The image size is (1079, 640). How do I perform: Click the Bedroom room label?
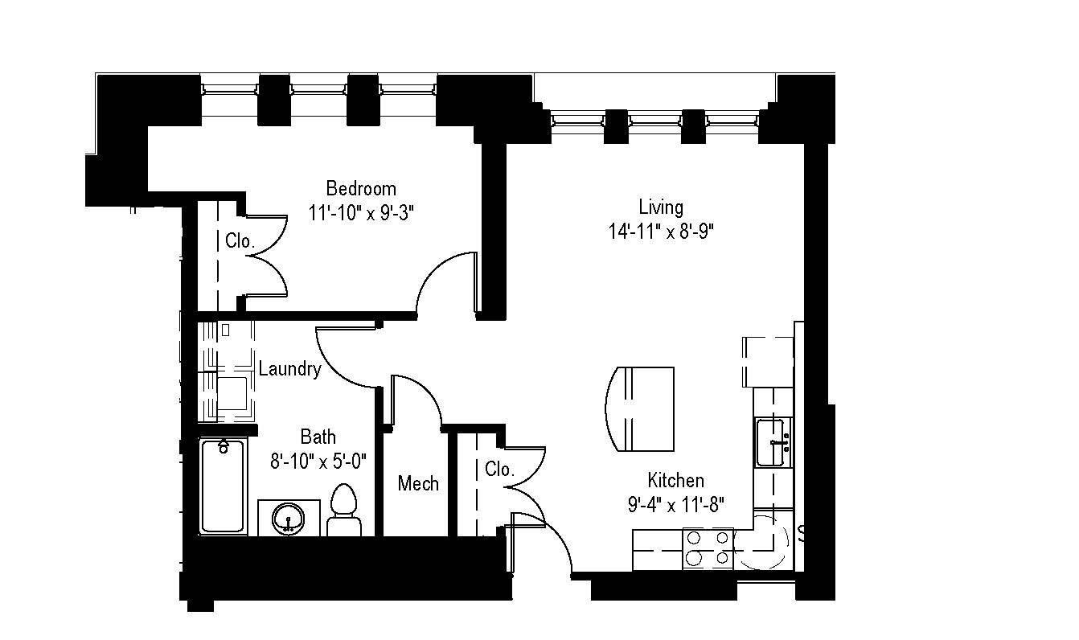tap(361, 188)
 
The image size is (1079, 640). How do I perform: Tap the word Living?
tap(661, 207)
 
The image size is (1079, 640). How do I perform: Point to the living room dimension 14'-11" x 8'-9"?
tap(662, 232)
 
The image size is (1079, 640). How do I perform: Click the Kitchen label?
tap(676, 480)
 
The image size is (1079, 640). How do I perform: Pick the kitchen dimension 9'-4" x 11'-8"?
tap(676, 505)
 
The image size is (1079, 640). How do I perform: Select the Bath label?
tap(318, 437)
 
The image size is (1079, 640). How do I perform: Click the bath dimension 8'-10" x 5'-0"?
tap(318, 461)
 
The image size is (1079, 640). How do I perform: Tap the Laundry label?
tap(290, 369)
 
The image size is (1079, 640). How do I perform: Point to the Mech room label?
tap(419, 483)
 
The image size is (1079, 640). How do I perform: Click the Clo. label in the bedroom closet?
tap(240, 240)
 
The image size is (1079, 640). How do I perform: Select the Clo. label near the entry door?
tap(499, 470)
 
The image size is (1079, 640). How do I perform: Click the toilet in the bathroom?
tap(345, 512)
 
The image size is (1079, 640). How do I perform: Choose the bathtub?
tap(223, 486)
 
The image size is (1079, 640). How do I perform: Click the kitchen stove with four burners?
tap(708, 548)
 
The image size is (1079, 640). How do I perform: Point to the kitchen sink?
tap(773, 442)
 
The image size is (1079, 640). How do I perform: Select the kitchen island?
tap(641, 409)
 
